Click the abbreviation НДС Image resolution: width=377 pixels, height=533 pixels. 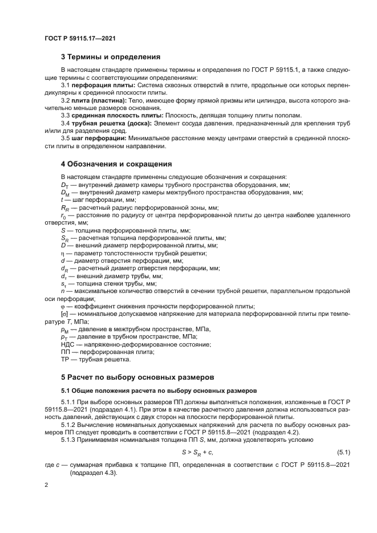(x=68, y=344)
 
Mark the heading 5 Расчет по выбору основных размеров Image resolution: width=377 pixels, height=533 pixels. (x=136, y=377)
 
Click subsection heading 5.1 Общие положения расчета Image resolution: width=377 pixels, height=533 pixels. (x=159, y=390)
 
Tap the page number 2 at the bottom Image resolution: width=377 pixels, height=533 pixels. (x=46, y=485)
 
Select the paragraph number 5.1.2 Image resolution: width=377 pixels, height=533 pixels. (x=71, y=424)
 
